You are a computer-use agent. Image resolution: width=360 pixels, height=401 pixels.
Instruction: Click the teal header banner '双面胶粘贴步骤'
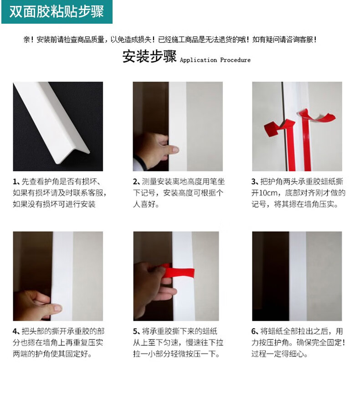coord(57,12)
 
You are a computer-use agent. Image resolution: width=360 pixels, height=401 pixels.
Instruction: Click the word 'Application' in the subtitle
coord(198,60)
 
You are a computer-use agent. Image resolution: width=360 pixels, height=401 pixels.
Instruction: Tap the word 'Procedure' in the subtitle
coord(235,60)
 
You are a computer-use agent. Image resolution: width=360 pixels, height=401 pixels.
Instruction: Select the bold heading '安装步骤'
coord(149,56)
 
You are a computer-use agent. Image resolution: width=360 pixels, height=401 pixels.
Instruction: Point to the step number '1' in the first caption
coord(15,181)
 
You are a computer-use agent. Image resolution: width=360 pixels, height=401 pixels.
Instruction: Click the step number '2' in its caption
coord(135,181)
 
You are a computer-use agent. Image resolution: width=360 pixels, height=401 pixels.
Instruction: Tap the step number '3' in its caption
coord(254,181)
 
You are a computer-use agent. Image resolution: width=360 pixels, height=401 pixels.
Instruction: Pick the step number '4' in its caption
coord(15,331)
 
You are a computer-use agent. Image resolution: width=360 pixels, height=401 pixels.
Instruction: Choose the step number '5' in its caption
coord(135,331)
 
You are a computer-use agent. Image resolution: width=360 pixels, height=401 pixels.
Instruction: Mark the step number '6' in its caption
coord(254,331)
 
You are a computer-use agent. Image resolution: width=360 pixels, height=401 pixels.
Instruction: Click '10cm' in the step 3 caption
coord(268,193)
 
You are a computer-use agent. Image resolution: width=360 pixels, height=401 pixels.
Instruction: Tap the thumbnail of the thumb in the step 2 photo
coord(175,149)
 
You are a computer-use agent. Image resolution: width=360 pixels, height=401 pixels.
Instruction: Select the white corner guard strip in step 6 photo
coord(298,276)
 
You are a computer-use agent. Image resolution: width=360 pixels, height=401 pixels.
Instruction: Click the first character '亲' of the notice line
coord(27,40)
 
